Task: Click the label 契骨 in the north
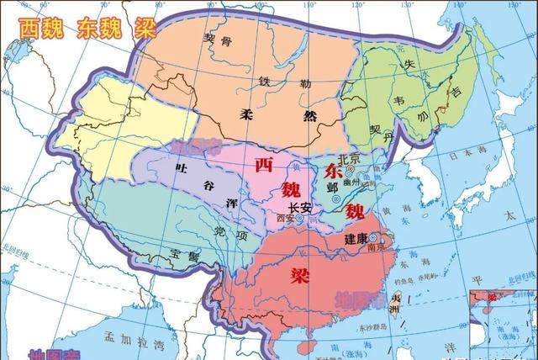tap(217, 40)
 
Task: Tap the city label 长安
tap(299, 208)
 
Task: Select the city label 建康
tap(356, 239)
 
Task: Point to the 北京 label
tap(349, 160)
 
